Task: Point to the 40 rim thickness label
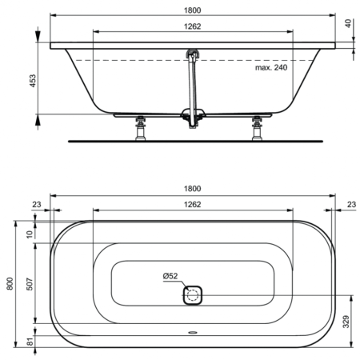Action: [349, 24]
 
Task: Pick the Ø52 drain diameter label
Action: [170, 276]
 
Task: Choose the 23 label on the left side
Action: [37, 205]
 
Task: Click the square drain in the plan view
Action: [192, 295]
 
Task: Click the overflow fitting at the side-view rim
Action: [191, 55]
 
